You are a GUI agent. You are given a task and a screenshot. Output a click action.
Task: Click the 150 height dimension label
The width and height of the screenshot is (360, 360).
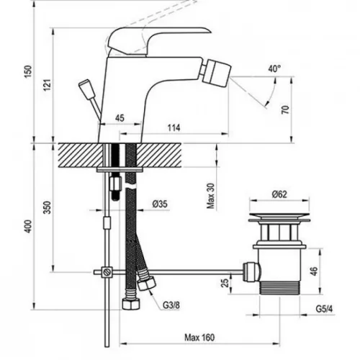pyautogui.click(x=28, y=71)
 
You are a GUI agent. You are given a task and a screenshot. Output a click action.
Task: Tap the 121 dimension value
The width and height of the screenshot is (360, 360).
pyautogui.click(x=48, y=85)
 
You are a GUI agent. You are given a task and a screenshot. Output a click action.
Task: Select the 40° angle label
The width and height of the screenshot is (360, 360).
pyautogui.click(x=274, y=69)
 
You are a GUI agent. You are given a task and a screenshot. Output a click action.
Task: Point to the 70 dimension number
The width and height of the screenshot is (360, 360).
pyautogui.click(x=286, y=109)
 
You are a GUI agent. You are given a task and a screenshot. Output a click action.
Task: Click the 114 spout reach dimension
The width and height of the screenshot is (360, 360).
pyautogui.click(x=174, y=127)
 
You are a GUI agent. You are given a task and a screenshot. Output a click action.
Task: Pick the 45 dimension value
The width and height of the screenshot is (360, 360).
pyautogui.click(x=120, y=118)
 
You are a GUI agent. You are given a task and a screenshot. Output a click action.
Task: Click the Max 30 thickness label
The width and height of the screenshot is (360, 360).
pyautogui.click(x=210, y=196)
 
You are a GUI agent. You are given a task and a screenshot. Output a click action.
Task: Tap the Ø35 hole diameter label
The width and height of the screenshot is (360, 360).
pyautogui.click(x=160, y=204)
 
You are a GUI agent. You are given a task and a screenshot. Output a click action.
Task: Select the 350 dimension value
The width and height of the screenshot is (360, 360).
pyautogui.click(x=48, y=207)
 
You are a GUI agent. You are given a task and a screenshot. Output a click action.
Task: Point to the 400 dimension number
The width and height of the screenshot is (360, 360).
pyautogui.click(x=28, y=226)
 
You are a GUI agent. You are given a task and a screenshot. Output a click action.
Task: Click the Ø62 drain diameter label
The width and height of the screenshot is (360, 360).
pyautogui.click(x=279, y=194)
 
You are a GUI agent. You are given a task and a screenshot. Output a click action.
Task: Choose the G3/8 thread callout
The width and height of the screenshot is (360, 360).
pyautogui.click(x=171, y=305)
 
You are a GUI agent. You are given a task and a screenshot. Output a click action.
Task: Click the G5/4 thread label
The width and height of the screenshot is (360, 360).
pyautogui.click(x=324, y=309)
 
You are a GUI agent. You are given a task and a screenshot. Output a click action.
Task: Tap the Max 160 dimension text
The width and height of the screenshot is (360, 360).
pyautogui.click(x=199, y=338)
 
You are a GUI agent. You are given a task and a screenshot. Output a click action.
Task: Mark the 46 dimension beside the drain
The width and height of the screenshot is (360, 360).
pyautogui.click(x=314, y=271)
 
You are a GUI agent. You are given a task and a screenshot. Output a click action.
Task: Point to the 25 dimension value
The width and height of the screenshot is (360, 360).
pyautogui.click(x=225, y=283)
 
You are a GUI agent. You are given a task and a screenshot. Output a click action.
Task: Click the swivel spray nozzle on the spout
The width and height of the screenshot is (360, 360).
pyautogui.click(x=218, y=71)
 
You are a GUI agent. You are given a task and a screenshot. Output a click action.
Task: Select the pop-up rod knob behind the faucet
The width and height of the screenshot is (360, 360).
pyautogui.click(x=85, y=88)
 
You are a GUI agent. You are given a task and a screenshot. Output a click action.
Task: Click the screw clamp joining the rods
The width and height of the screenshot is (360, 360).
pyautogui.click(x=107, y=272)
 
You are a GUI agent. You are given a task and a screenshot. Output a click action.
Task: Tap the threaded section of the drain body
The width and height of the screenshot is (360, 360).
pyautogui.click(x=280, y=287)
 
